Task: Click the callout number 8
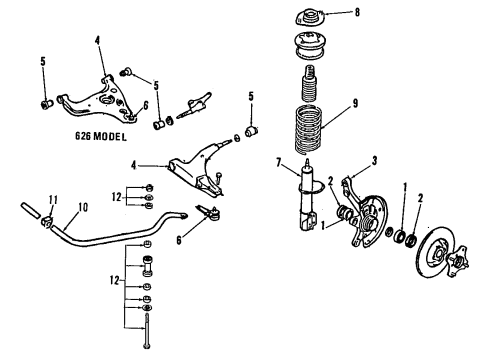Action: [x=357, y=13]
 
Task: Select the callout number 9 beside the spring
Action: [x=355, y=103]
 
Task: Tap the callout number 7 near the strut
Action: [x=279, y=163]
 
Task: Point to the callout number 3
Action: [x=374, y=161]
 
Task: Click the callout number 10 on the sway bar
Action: [x=83, y=207]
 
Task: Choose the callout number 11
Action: [x=53, y=200]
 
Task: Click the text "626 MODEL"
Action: [x=101, y=136]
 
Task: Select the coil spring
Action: [x=309, y=129]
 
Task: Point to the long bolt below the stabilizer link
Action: [x=147, y=331]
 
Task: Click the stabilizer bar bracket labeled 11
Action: [x=47, y=222]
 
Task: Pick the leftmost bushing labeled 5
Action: [x=47, y=104]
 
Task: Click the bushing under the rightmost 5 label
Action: [x=252, y=131]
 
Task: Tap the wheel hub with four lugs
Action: [x=457, y=261]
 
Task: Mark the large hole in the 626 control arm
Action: [x=107, y=100]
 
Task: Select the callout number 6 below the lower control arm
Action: [x=179, y=240]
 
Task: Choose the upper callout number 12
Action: [x=116, y=197]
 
